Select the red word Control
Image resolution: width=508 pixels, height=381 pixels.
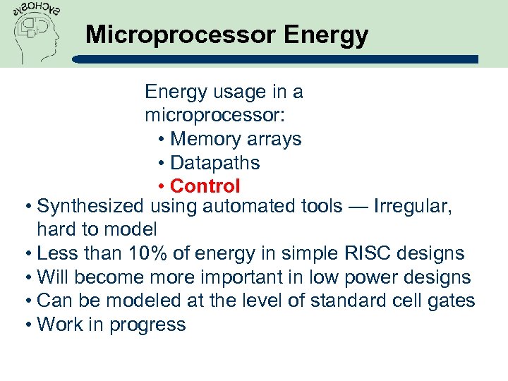205,186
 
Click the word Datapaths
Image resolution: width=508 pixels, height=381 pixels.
215,163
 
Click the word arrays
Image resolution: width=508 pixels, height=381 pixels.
273,139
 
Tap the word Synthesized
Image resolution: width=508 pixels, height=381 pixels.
92,206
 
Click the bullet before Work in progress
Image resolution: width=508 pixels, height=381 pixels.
27,325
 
